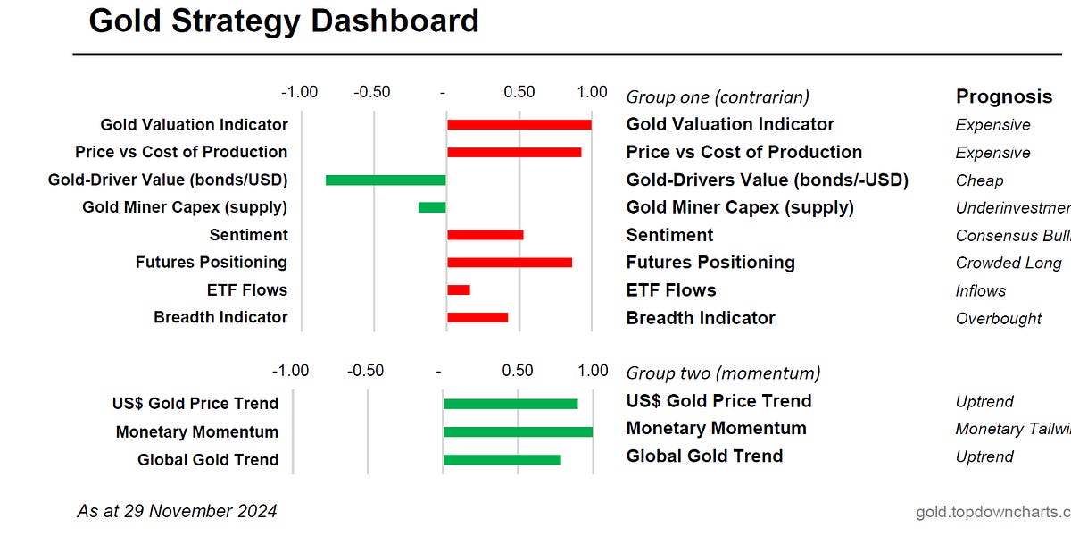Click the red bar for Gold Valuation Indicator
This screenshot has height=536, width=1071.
tap(519, 125)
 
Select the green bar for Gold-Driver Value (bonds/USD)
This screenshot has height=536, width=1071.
tap(386, 180)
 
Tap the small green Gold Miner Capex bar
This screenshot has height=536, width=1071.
tap(432, 207)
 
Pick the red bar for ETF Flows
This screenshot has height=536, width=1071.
tap(459, 289)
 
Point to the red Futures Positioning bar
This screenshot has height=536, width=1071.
tap(509, 263)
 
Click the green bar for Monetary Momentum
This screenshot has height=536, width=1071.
tap(518, 431)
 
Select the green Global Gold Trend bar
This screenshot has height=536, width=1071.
tap(502, 459)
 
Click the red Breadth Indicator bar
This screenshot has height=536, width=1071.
tap(477, 317)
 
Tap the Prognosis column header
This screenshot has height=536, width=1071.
tap(1004, 96)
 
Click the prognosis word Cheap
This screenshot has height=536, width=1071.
tap(979, 180)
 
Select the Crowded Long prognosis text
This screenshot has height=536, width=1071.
tap(1009, 263)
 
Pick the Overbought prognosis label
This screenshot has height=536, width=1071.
tap(999, 318)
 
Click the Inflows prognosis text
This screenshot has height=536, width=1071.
tap(980, 290)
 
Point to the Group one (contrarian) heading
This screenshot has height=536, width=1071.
tap(718, 96)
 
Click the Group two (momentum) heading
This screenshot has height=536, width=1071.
tap(723, 373)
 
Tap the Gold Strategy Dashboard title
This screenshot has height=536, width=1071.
tap(284, 21)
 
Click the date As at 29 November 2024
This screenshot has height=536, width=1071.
tap(177, 511)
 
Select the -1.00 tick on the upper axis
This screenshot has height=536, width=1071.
tap(299, 92)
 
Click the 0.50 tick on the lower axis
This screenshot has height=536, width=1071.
tap(518, 371)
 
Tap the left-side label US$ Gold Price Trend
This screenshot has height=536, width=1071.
tap(195, 404)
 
